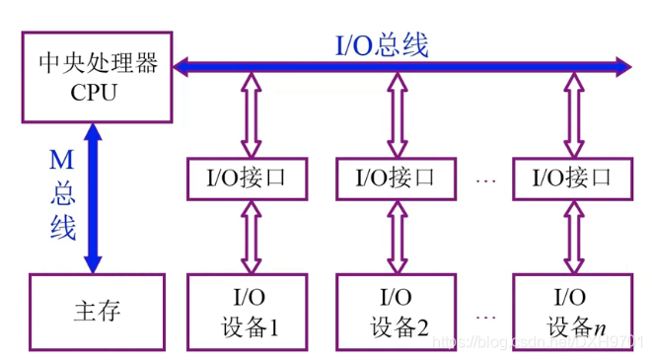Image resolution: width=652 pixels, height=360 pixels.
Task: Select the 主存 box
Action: pos(97,312)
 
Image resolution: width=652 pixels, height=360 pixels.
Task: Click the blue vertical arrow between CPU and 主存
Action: pos(93,197)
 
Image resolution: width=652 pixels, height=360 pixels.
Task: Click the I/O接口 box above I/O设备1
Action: pos(244,178)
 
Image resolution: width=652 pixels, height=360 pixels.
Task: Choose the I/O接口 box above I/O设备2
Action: pos(396,178)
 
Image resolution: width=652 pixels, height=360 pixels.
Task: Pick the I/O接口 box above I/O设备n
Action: pos(570,178)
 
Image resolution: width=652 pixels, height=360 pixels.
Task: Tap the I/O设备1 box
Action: pos(244,312)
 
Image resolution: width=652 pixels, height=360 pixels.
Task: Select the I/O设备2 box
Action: pos(396,312)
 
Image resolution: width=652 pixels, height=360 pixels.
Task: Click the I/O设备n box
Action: pos(570,312)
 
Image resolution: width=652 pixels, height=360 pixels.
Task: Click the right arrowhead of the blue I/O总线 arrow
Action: pos(620,67)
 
